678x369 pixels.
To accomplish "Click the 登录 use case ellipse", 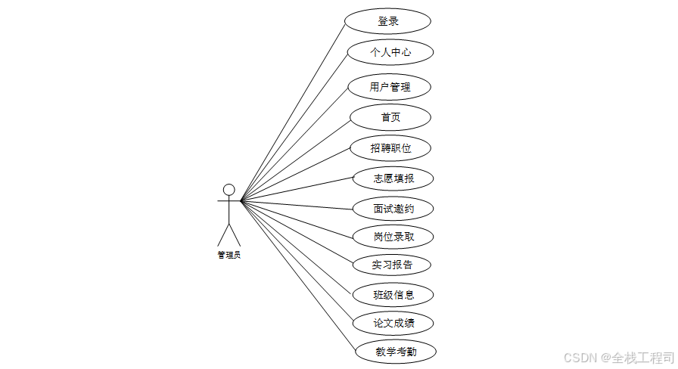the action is click(x=388, y=21).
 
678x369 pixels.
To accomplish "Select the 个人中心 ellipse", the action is click(x=390, y=52).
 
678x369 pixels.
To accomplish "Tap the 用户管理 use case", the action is click(x=390, y=87).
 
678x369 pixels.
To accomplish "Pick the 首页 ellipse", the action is click(x=390, y=117).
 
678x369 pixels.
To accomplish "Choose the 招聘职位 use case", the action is click(x=390, y=148).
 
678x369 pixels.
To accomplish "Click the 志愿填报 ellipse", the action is click(x=393, y=179).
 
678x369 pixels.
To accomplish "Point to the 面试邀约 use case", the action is click(x=393, y=208).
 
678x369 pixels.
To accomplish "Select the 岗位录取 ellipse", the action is click(x=393, y=237).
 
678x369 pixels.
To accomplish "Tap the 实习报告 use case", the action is click(x=392, y=265).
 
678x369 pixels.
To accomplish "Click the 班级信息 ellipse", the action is click(x=393, y=294).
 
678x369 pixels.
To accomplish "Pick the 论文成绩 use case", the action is click(x=393, y=324).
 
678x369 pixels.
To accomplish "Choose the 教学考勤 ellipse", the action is click(x=395, y=352).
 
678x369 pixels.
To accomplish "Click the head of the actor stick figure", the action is click(x=229, y=189).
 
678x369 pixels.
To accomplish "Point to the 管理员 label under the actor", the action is click(x=229, y=256).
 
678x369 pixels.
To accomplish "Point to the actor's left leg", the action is click(x=223, y=234).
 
